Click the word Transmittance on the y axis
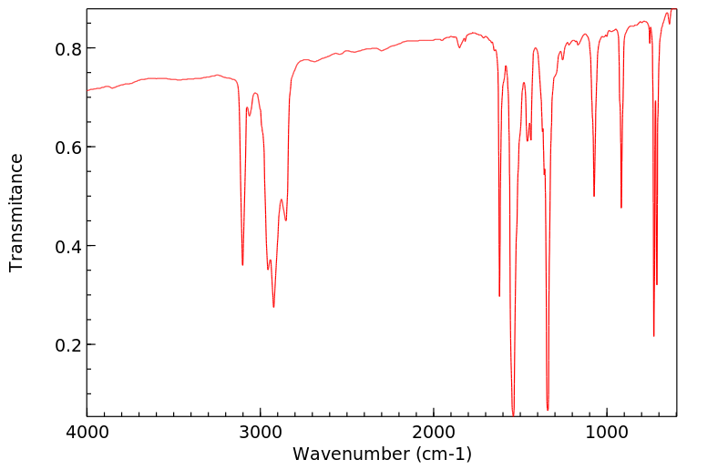pyautogui.click(x=16, y=212)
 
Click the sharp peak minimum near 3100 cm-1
pyautogui.click(x=242, y=264)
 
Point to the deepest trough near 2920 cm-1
pyautogui.click(x=273, y=307)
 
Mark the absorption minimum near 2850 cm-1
pyautogui.click(x=286, y=220)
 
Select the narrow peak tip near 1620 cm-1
pyautogui.click(x=499, y=295)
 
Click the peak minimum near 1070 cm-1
pyautogui.click(x=594, y=196)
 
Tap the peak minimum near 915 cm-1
pyautogui.click(x=621, y=208)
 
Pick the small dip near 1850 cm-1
pyautogui.click(x=460, y=47)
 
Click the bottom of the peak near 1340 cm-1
pyautogui.click(x=548, y=409)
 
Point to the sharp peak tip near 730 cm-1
pyautogui.click(x=653, y=336)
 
